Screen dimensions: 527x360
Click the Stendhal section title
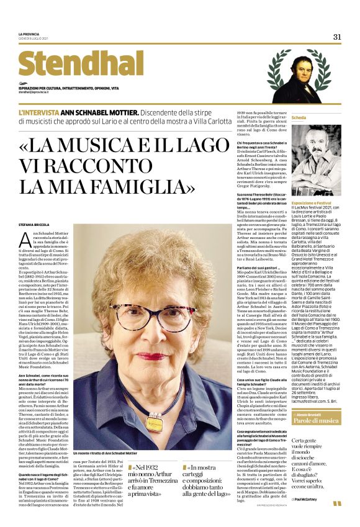(72, 64)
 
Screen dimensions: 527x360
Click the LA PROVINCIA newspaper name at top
(28, 34)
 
